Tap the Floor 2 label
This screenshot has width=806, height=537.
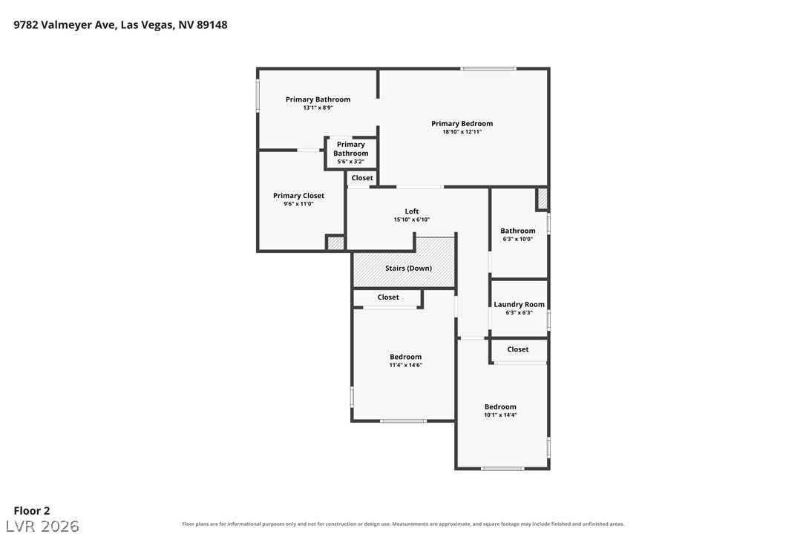click(x=32, y=510)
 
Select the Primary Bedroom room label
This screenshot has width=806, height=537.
click(x=462, y=123)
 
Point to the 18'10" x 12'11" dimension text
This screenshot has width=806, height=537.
click(x=462, y=131)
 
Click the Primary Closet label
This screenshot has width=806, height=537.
click(x=298, y=195)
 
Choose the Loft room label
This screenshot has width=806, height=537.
click(x=411, y=211)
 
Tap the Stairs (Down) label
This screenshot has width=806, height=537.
click(x=408, y=268)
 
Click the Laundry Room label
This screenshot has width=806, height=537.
click(x=519, y=304)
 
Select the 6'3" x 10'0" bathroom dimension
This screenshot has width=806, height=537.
click(x=517, y=239)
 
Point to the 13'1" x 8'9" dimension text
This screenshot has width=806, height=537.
click(x=318, y=108)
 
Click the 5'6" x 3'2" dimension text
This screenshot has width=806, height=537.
click(x=350, y=162)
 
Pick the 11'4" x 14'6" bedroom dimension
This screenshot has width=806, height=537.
click(x=405, y=365)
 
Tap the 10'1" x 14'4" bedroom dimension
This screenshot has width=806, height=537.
click(x=499, y=415)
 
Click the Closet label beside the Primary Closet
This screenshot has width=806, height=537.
click(x=362, y=178)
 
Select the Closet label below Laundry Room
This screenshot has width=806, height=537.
click(x=517, y=349)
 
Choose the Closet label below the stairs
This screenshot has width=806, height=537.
click(x=387, y=297)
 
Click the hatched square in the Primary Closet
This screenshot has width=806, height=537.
click(x=335, y=243)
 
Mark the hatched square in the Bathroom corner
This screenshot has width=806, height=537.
click(x=543, y=199)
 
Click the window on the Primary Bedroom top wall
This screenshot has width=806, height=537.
click(x=488, y=68)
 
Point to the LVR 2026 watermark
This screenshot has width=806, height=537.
click(x=42, y=526)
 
